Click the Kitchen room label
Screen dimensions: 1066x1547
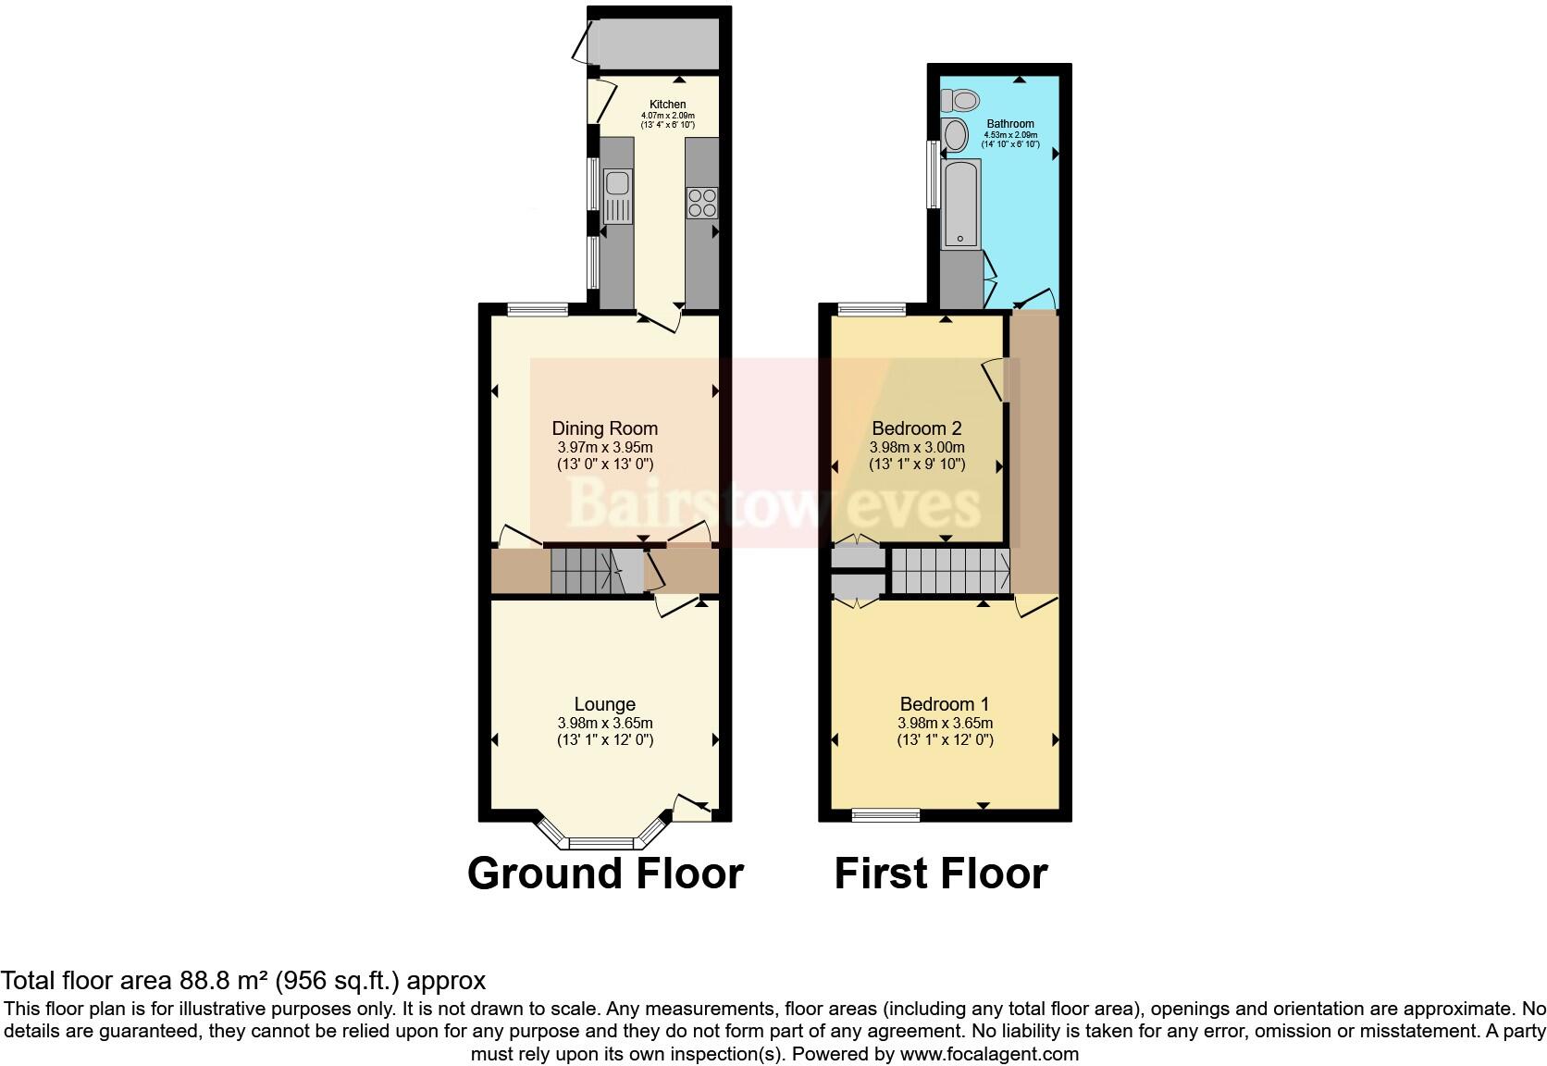[667, 105]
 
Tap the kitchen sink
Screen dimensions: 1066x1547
[616, 197]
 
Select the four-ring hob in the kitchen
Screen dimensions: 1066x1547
[701, 203]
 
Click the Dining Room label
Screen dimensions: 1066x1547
[604, 428]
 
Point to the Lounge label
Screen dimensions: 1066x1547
[604, 705]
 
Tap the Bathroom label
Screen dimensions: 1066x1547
[1009, 124]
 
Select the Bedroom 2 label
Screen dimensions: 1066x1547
[916, 428]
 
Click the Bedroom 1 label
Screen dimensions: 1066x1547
[944, 705]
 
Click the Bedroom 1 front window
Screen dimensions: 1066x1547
[885, 815]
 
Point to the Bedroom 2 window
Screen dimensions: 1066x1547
[871, 310]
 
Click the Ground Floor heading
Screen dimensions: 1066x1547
[605, 874]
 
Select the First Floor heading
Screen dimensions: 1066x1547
[940, 874]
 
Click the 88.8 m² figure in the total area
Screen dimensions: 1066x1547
[217, 981]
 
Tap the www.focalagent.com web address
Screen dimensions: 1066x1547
[989, 1053]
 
